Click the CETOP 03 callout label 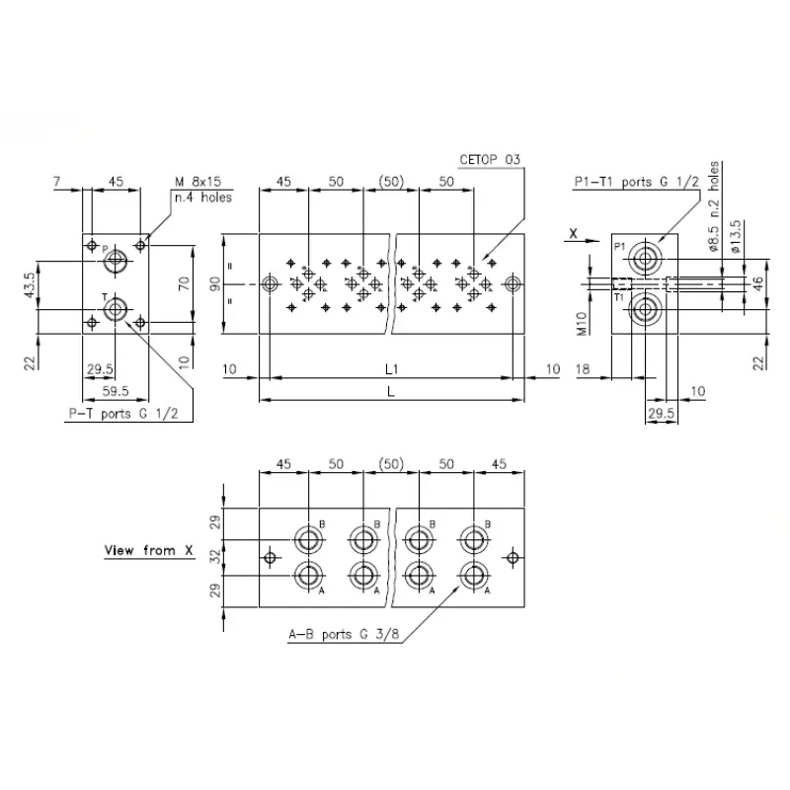coord(489,160)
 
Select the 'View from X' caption coord(149,550)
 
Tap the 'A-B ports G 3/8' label coord(344,634)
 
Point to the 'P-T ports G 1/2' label coord(123,414)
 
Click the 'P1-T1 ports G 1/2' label coord(637,182)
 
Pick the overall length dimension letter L coord(391,391)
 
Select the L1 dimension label coord(391,369)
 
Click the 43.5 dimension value coord(30,285)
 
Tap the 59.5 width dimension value coord(116,391)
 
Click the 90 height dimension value coord(215,283)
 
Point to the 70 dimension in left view coord(185,283)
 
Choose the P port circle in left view coord(116,261)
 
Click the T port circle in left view coord(116,309)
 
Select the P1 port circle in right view coord(645,260)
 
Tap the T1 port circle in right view coord(645,310)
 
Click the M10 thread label coord(582,324)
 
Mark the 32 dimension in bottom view coord(215,557)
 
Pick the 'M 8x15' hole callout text coord(198,182)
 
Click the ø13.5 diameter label coord(736,236)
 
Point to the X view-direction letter coord(573,233)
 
